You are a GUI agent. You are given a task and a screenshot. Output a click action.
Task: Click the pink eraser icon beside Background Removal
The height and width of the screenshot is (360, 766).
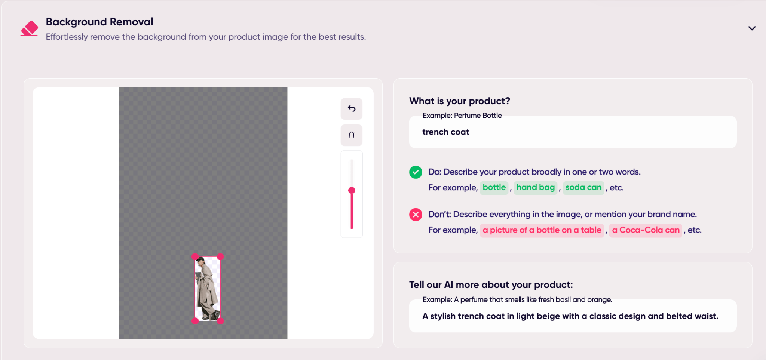(29, 28)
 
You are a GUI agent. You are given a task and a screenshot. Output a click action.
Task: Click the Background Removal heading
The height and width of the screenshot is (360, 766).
(99, 22)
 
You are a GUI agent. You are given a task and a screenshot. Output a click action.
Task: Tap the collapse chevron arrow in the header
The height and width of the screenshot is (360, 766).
(752, 28)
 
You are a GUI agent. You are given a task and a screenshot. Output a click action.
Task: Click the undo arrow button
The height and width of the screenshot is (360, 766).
(352, 109)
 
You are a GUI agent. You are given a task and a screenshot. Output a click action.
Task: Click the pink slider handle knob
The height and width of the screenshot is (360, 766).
(352, 190)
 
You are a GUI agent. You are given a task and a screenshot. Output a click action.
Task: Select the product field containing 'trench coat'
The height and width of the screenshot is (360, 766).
(573, 132)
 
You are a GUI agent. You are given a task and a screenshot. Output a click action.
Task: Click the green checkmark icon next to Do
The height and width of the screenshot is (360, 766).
(416, 172)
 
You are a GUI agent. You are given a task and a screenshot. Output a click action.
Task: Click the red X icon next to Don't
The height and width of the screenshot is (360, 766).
(416, 215)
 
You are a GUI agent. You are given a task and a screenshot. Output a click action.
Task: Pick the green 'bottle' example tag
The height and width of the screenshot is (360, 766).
(494, 187)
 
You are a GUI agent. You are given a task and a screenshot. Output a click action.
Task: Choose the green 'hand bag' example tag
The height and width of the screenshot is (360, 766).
(536, 187)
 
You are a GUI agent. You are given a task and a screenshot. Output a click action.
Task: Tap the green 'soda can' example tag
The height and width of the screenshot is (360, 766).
(583, 187)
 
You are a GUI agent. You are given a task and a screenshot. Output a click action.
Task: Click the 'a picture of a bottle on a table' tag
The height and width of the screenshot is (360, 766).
(542, 230)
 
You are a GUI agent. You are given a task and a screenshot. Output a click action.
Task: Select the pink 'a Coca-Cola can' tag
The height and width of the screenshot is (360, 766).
(646, 230)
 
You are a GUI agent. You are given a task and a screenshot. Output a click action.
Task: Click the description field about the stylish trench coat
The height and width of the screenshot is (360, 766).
(573, 316)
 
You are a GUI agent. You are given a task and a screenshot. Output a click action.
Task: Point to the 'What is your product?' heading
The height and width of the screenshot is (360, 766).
(460, 101)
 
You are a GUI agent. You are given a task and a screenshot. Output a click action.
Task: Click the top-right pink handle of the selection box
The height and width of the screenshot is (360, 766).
(220, 256)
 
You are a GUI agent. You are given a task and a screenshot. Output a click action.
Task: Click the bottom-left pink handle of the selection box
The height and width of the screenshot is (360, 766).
(195, 321)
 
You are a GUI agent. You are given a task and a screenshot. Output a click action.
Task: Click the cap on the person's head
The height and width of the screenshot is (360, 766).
(201, 259)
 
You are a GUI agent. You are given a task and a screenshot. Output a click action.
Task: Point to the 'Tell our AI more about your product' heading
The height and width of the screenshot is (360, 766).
(491, 285)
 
